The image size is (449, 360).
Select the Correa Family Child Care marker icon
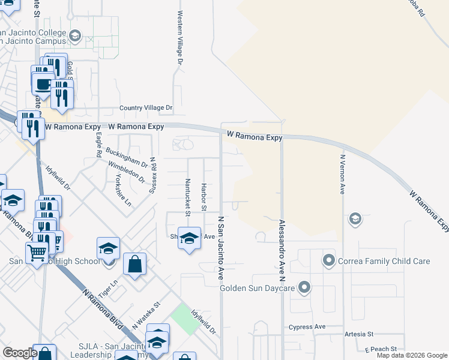[x=328, y=261]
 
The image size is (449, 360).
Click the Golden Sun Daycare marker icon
[x=304, y=288]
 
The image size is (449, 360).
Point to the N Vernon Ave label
[x=342, y=175]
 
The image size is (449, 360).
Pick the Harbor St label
[x=204, y=197]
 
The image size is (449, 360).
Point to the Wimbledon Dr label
[x=127, y=172]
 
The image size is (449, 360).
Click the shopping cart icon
[x=37, y=253]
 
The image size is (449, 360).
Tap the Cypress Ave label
[x=307, y=327]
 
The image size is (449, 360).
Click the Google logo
[x=20, y=353]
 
